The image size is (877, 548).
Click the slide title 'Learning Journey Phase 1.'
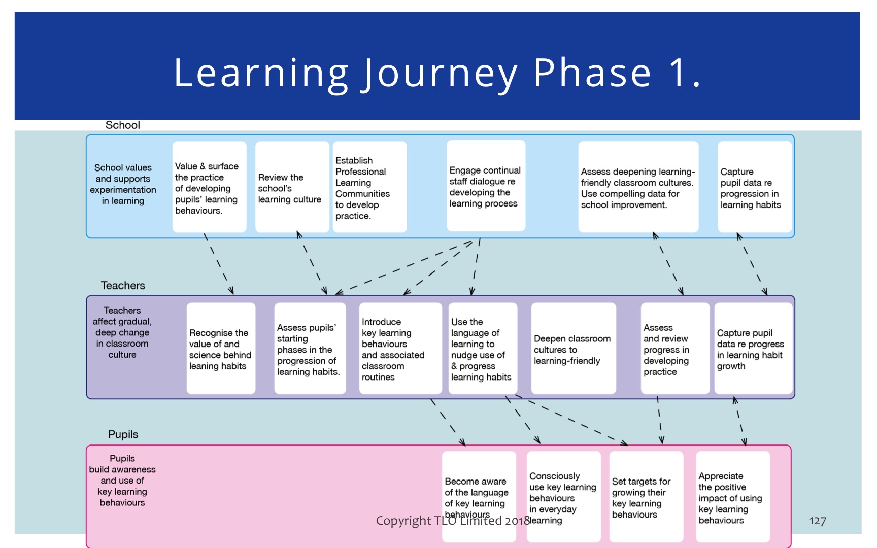pos(437,73)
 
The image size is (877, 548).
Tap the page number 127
pos(817,521)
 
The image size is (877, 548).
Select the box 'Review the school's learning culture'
pos(292,187)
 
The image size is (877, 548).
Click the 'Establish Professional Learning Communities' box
pos(369,187)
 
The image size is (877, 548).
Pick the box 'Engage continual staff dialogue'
pos(486,186)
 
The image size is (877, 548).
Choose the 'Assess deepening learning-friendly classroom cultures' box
pos(638,187)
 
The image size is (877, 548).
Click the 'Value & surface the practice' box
pos(209,187)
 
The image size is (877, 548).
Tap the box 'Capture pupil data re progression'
pos(755,187)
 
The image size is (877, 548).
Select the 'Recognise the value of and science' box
pos(221,349)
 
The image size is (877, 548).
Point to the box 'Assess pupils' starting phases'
pos(310,349)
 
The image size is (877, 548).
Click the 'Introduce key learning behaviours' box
pos(400,349)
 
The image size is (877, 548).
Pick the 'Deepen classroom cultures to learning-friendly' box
pos(574,349)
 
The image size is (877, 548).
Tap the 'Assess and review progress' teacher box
pos(675,349)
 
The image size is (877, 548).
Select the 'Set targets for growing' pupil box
pos(646,497)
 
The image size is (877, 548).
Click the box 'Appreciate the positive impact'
pos(733,497)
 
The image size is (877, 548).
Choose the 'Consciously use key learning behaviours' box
pos(564,497)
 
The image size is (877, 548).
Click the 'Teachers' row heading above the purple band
pos(123,286)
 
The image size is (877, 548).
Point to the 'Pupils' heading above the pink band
pos(123,434)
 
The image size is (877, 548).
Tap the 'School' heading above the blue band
pos(122,125)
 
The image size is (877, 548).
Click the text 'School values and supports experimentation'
pos(123,184)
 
